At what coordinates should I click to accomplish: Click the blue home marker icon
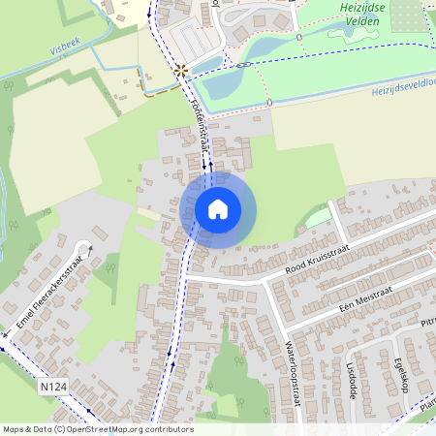(218, 209)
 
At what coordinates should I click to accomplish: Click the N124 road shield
(53, 387)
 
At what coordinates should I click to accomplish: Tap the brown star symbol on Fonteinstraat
(180, 70)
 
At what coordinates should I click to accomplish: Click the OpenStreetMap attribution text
(97, 429)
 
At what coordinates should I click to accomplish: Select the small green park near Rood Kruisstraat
(318, 218)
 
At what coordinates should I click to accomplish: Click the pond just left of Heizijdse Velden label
(343, 31)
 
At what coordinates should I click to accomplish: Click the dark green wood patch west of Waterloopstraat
(228, 373)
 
